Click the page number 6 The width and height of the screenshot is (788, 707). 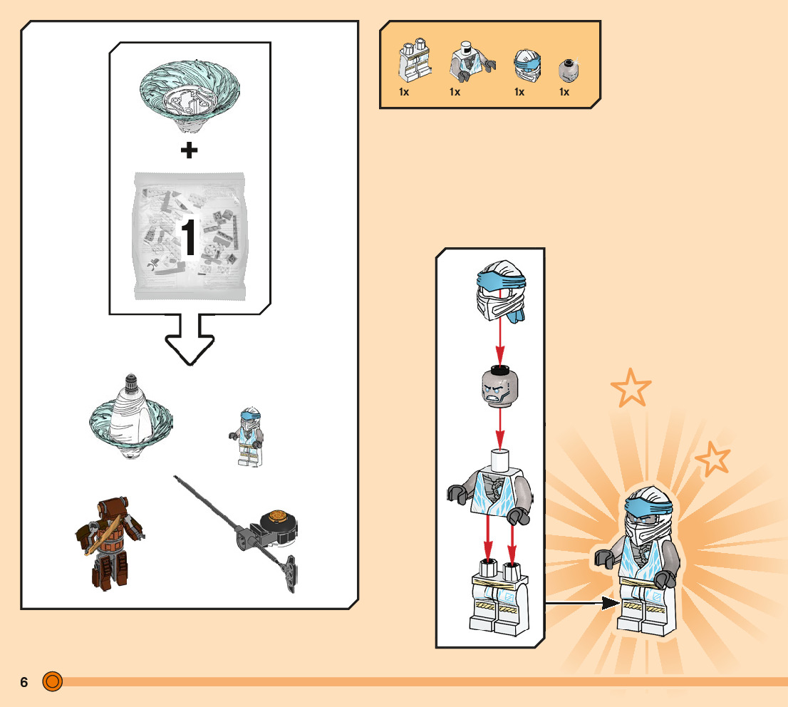click(x=24, y=682)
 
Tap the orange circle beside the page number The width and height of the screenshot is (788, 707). click(x=52, y=681)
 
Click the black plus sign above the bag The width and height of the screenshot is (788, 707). click(x=189, y=150)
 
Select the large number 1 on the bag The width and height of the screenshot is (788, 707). click(x=189, y=237)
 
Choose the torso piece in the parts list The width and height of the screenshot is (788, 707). click(x=472, y=61)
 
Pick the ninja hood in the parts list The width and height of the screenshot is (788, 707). click(x=527, y=66)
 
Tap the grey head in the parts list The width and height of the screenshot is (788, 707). click(x=569, y=71)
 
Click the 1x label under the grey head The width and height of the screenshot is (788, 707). click(x=564, y=92)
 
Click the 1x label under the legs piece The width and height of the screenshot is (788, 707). click(x=404, y=92)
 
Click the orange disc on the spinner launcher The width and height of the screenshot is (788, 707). click(x=277, y=517)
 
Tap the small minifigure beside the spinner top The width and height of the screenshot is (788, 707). click(x=247, y=437)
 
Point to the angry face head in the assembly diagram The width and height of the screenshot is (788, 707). click(x=499, y=388)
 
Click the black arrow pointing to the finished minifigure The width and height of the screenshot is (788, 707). click(x=583, y=602)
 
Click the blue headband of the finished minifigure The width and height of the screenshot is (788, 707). click(x=648, y=505)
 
